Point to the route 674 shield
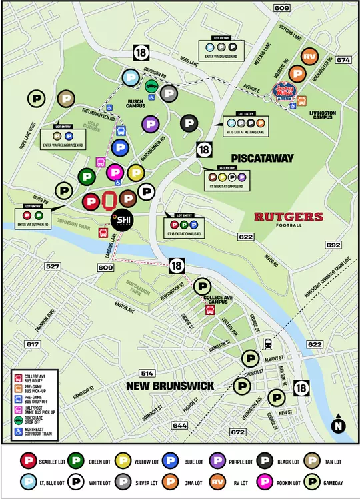[x=343, y=60]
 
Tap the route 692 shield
[x=333, y=245]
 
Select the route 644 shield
[x=179, y=425]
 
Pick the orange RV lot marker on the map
[x=309, y=57]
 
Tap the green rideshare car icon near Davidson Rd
[x=152, y=87]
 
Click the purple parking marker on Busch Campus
[x=151, y=123]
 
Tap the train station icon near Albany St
[x=268, y=344]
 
